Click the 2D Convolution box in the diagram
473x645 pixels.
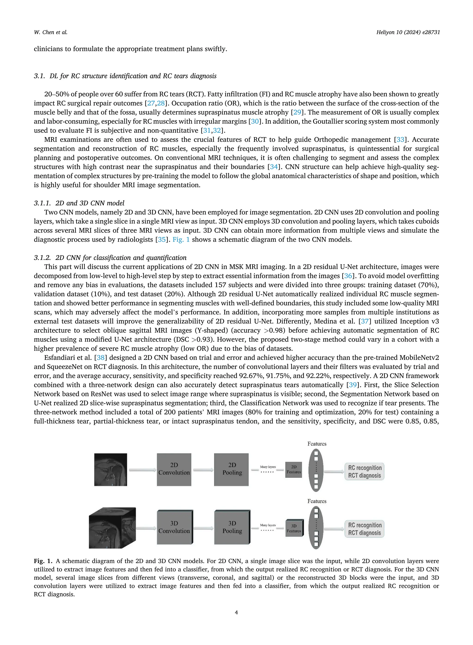pos(174,470)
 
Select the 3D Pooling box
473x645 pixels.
pos(232,527)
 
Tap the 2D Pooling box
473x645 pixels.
pos(231,470)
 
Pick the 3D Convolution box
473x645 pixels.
pos(174,527)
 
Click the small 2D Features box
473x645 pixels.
pos(294,470)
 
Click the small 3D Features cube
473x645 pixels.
pos(294,528)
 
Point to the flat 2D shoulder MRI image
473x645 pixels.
pos(111,470)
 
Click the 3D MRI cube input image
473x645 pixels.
pos(112,528)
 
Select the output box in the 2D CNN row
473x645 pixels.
pos(364,471)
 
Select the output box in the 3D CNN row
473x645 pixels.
pos(364,529)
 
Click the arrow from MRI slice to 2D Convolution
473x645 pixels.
pos(142,470)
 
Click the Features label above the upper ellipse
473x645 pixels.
pos(317,444)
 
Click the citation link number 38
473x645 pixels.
pos(100,358)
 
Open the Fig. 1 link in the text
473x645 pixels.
pos(181,240)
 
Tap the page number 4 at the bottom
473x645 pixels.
pos(236,612)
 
